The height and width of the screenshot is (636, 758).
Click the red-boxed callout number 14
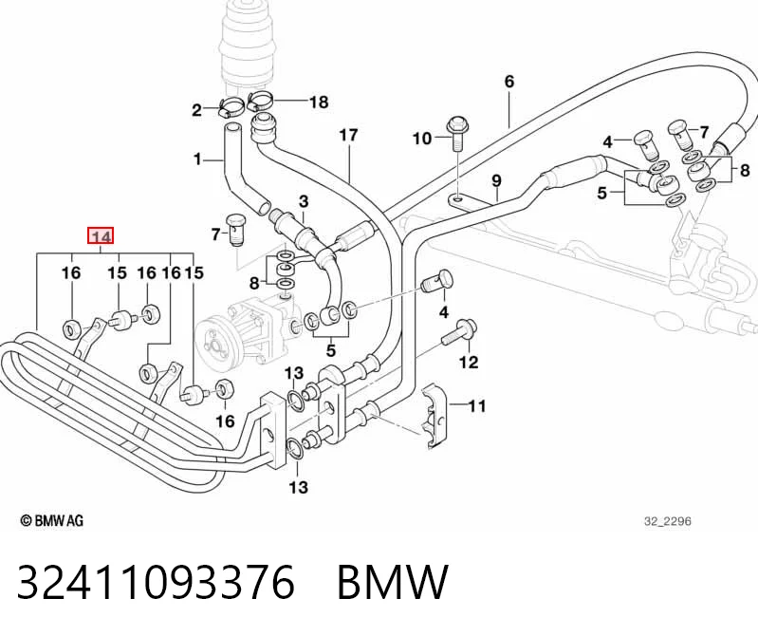pyautogui.click(x=101, y=236)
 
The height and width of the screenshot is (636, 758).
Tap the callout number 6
pyautogui.click(x=509, y=82)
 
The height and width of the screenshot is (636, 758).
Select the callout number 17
pyautogui.click(x=348, y=136)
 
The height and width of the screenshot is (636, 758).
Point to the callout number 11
pyautogui.click(x=477, y=405)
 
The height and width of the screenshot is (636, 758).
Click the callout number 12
pyautogui.click(x=468, y=362)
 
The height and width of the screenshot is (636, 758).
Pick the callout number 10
pyautogui.click(x=422, y=139)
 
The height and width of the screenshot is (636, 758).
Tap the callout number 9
pyautogui.click(x=496, y=181)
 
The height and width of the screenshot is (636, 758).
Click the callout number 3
pyautogui.click(x=303, y=200)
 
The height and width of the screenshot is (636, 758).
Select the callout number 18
pyautogui.click(x=319, y=102)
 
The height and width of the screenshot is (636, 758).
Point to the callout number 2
pyautogui.click(x=196, y=110)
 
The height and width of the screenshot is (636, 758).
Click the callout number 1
pyautogui.click(x=196, y=159)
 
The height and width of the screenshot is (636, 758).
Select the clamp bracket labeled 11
pyautogui.click(x=434, y=416)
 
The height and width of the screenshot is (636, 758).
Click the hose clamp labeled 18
pyautogui.click(x=260, y=100)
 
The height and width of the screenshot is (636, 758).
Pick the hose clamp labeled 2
pyautogui.click(x=231, y=107)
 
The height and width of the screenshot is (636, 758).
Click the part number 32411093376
pyautogui.click(x=156, y=581)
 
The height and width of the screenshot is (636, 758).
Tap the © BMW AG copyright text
pyautogui.click(x=52, y=520)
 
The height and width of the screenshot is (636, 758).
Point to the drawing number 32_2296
pyautogui.click(x=667, y=521)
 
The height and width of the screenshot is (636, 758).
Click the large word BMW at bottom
pyautogui.click(x=392, y=581)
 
